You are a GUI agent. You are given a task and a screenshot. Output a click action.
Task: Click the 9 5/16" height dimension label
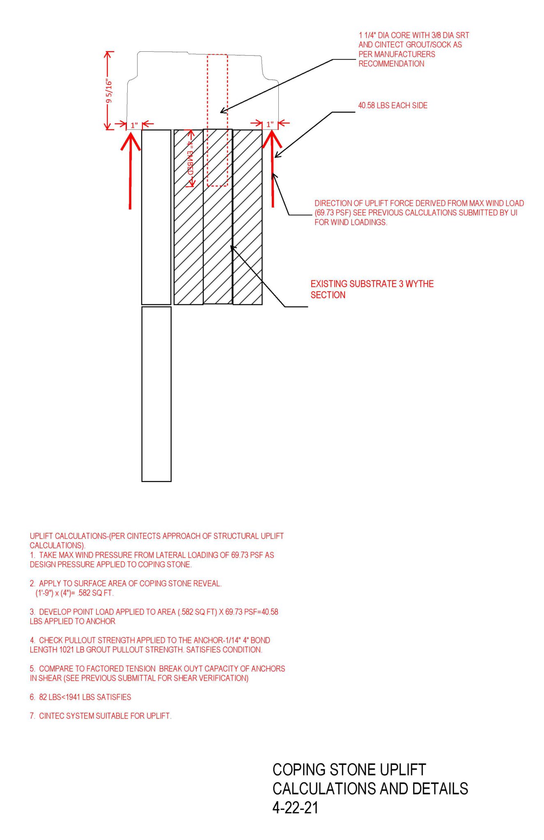(109, 91)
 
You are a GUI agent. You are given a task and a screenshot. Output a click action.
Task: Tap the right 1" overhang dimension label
(270, 124)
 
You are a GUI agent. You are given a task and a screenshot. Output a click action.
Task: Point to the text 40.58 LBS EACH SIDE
(393, 105)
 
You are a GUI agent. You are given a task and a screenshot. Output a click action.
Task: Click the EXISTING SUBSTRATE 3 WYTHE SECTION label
(372, 289)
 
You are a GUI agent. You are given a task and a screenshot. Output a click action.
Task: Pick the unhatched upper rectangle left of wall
(156, 217)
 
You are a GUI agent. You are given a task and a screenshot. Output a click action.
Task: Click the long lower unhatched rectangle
(156, 394)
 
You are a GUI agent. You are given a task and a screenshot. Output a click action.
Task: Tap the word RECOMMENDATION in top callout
(391, 64)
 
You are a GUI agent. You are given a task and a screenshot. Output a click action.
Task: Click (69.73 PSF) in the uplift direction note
(333, 213)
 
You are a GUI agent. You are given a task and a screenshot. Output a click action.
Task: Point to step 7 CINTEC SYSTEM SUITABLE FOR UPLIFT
(105, 716)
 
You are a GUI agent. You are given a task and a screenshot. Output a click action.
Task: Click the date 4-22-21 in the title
(295, 808)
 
